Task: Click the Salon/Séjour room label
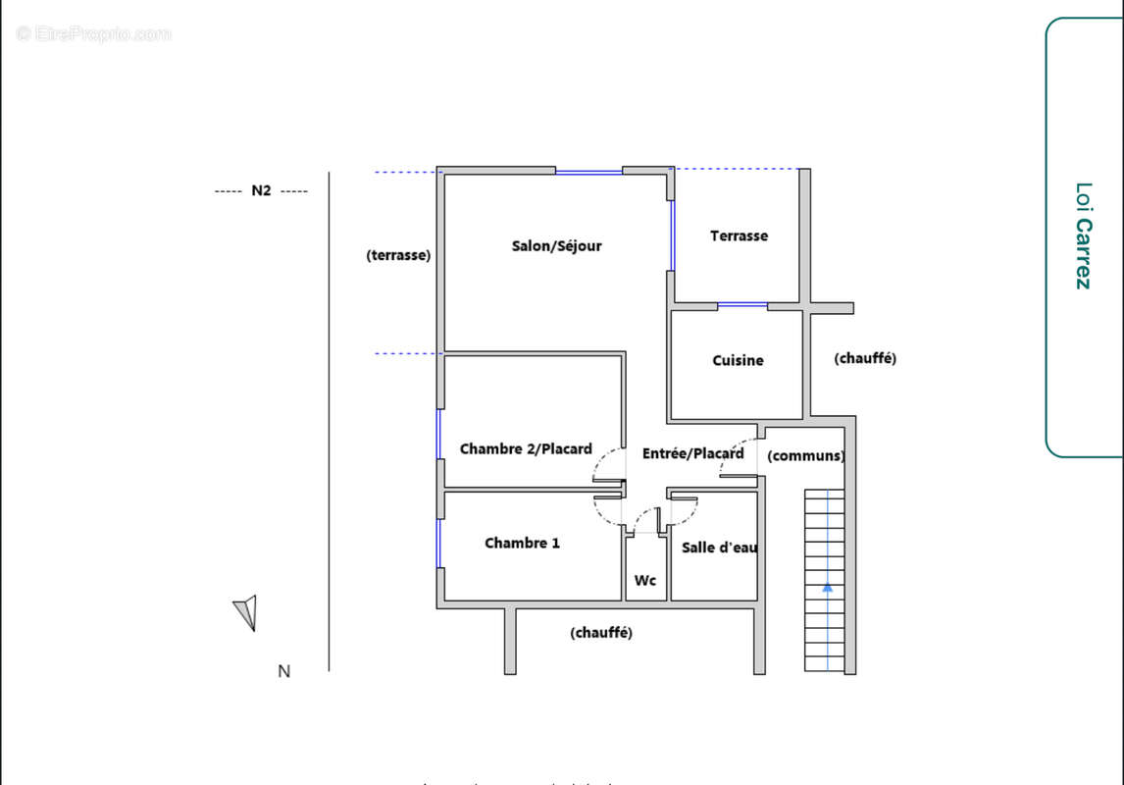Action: coord(556,246)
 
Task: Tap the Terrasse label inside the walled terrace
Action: coord(739,236)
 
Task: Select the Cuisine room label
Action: coord(738,361)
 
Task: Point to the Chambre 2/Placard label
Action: coord(526,449)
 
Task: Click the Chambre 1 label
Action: coord(522,544)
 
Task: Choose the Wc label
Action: coord(644,581)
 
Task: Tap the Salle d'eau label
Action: coord(719,548)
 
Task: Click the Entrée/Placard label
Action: coord(692,453)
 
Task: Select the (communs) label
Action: coord(805,456)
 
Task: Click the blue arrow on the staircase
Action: coord(827,587)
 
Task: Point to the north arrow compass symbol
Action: coord(246,612)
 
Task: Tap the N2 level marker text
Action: coord(261,191)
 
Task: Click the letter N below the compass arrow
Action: coord(283,672)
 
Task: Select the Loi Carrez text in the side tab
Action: coord(1082,235)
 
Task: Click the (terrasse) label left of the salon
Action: coord(398,255)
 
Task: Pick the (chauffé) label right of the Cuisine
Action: coord(865,359)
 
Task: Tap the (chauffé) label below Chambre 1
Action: coord(601,634)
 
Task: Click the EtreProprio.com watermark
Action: coord(93,34)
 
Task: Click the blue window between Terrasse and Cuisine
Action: coord(742,306)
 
